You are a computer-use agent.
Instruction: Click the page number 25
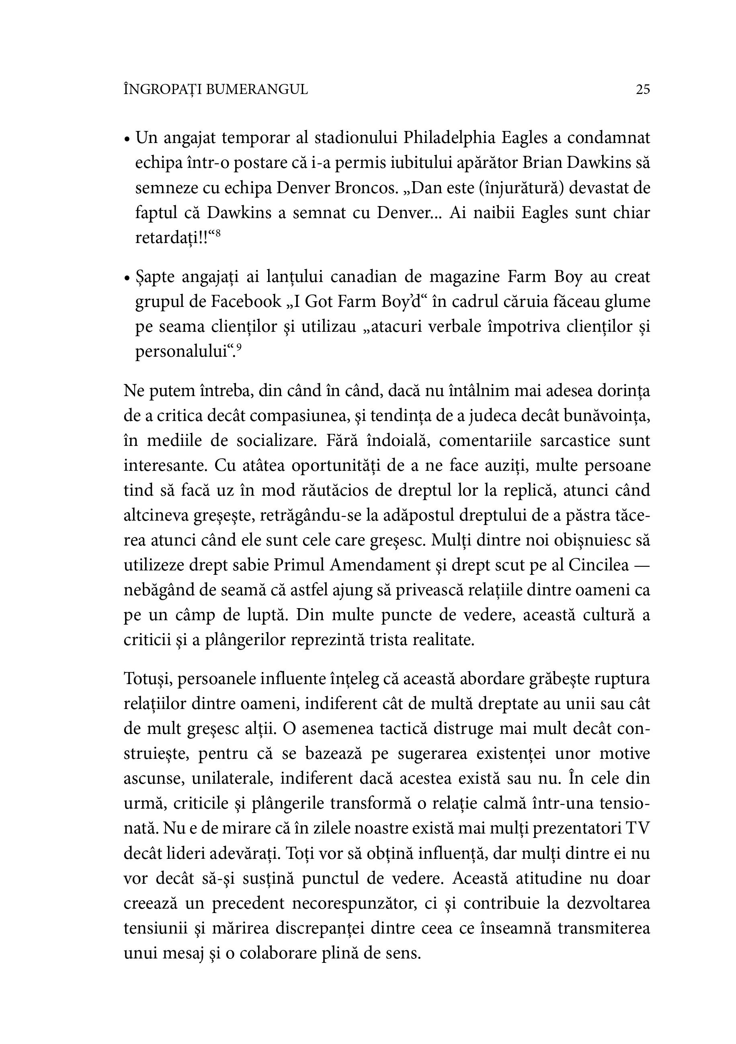pos(643,90)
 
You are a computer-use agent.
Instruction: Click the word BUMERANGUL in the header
pos(256,90)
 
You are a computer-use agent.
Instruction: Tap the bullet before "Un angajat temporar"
pos(127,139)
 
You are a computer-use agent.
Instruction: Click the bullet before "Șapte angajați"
pos(127,278)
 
